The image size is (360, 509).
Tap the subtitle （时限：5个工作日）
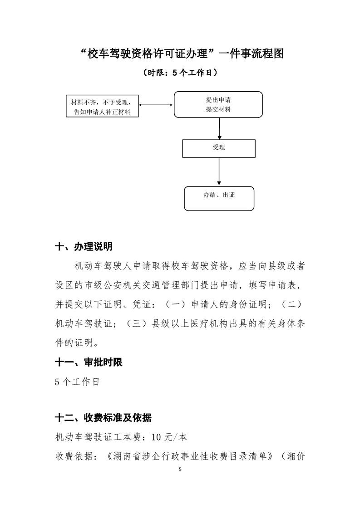click(x=179, y=72)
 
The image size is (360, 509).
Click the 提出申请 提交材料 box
click(x=218, y=104)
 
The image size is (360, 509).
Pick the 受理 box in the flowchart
click(x=218, y=148)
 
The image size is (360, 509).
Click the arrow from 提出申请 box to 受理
click(x=220, y=128)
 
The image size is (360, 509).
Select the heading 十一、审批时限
click(x=88, y=362)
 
